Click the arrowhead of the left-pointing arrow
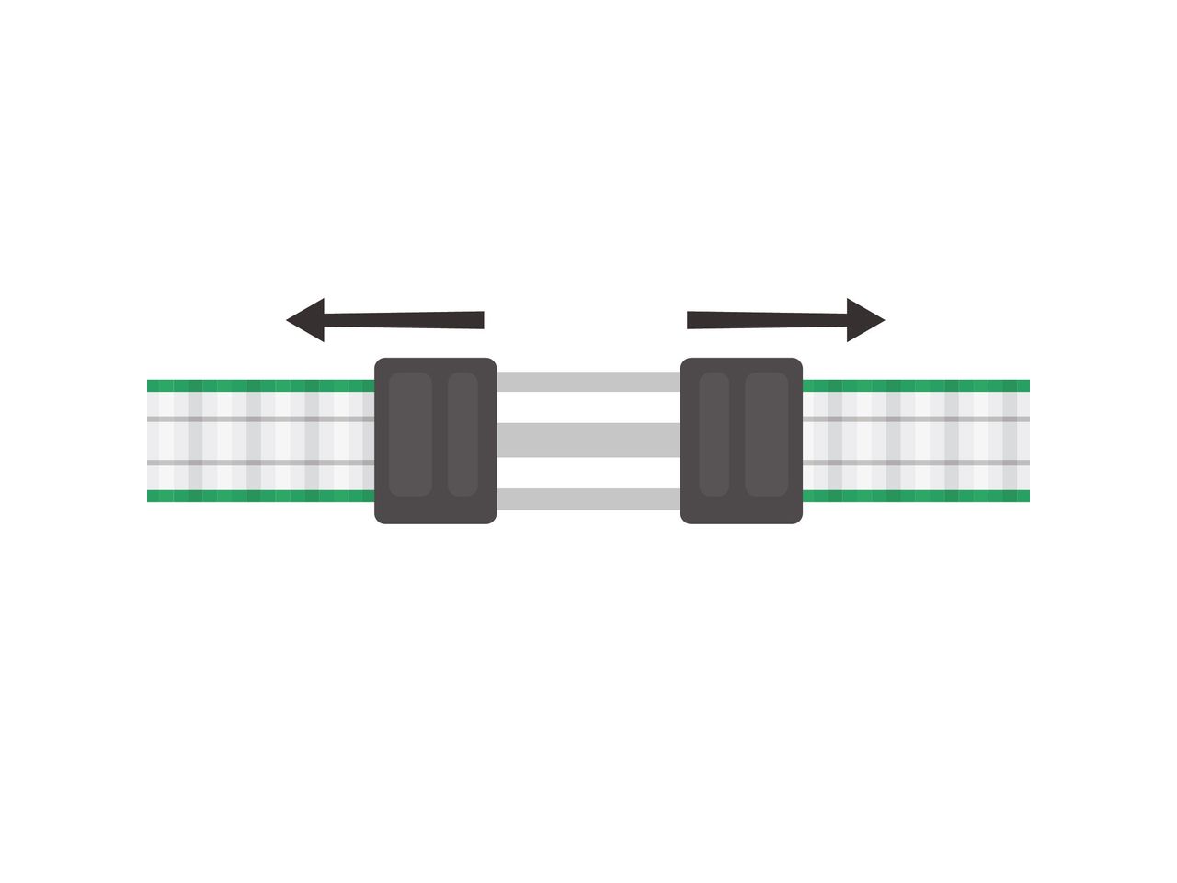[x=307, y=320]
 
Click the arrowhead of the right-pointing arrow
[x=863, y=320]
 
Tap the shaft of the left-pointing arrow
[x=405, y=320]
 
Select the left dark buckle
[x=435, y=441]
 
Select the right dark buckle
[x=741, y=441]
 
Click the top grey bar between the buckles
[x=588, y=382]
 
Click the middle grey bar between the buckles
[x=588, y=441]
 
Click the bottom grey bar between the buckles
[x=588, y=499]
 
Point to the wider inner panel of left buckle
[x=410, y=434]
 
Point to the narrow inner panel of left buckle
[x=463, y=434]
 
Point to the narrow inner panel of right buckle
[x=714, y=434]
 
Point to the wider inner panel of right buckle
[x=766, y=434]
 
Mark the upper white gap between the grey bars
[x=588, y=407]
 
